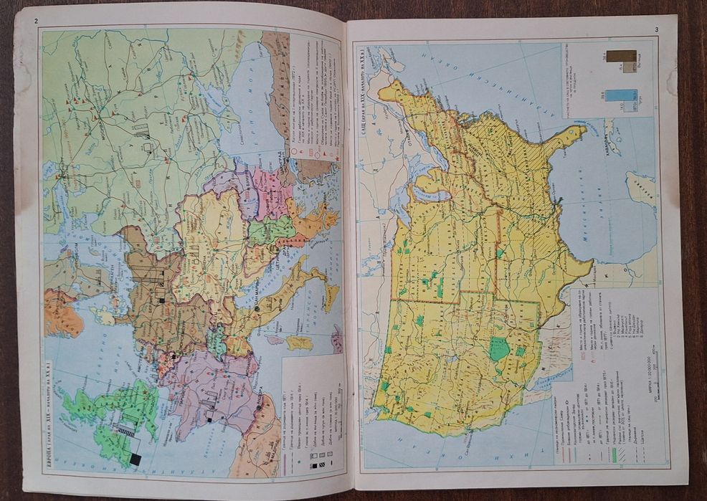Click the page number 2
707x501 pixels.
tap(35, 20)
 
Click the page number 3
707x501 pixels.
tap(655, 29)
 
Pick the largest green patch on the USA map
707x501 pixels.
tap(500, 349)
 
